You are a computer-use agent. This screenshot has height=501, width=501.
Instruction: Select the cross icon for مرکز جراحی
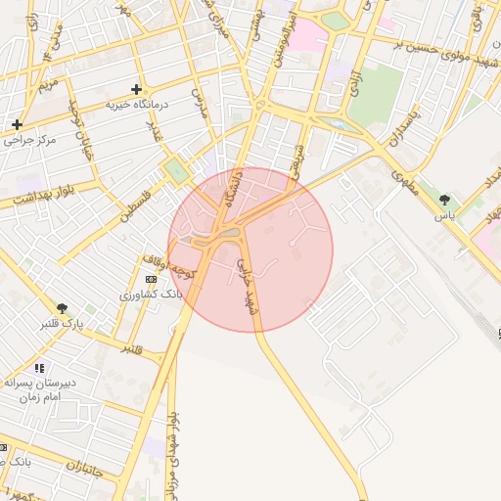coord(17,124)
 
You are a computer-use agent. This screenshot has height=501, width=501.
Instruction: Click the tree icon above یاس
coord(445,199)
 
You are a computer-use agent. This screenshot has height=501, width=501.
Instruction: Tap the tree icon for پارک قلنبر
coord(63,308)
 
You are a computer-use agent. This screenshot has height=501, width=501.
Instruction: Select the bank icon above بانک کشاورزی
coord(149,279)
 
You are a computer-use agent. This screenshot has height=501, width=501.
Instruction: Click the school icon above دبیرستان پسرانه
coord(39,368)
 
